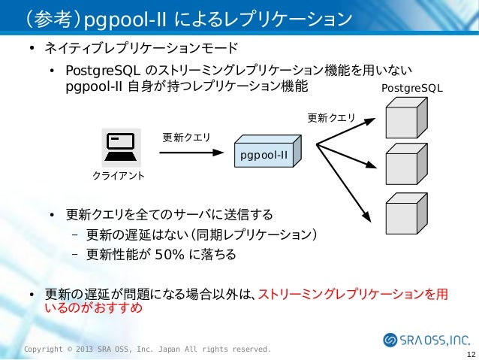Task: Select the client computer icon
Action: click(120, 147)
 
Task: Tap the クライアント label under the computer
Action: click(119, 175)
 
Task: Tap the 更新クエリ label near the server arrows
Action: click(330, 117)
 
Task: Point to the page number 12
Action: click(470, 354)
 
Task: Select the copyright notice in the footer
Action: click(148, 349)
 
